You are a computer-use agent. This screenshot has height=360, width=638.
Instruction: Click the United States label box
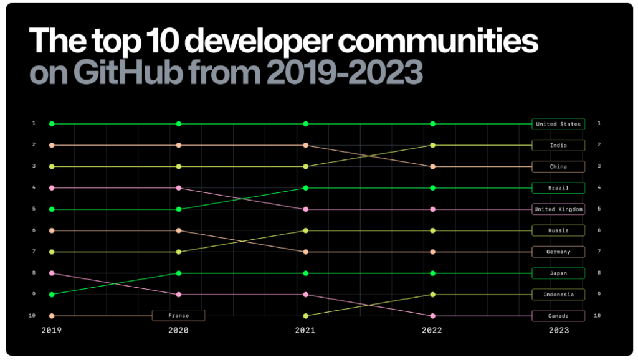coord(558,124)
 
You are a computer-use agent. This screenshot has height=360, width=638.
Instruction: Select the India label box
coord(558,145)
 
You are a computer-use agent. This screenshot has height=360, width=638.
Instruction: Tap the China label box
coord(558,166)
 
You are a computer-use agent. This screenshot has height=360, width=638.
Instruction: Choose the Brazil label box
coord(558,187)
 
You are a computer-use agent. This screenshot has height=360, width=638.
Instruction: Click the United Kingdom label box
coord(558,209)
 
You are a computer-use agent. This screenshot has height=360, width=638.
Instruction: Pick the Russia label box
coord(558,230)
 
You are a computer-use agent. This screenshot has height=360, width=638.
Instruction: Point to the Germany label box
coord(558,252)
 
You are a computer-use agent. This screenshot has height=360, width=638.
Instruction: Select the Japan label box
coord(558,273)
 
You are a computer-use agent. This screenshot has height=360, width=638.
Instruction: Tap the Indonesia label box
coord(558,294)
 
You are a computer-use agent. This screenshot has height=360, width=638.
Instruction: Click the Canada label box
coord(558,316)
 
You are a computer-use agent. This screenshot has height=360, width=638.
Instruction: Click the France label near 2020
coord(178,316)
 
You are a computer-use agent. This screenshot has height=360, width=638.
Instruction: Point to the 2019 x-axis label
coord(52,331)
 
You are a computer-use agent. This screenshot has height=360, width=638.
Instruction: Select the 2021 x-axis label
coord(305,331)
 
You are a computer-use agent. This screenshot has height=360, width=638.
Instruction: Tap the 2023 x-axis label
coord(559,331)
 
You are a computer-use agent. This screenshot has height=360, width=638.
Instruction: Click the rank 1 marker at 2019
coord(52,124)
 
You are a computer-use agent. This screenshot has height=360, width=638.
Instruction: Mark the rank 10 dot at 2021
coord(305,316)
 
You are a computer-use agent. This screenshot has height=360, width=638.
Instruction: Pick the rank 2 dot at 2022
coord(432,145)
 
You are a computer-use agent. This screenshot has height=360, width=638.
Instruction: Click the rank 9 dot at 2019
coord(52,294)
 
